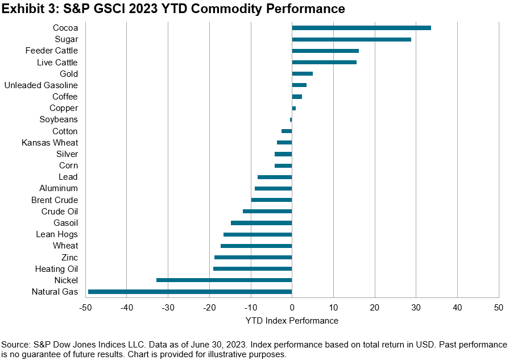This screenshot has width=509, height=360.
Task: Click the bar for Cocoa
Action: click(x=361, y=28)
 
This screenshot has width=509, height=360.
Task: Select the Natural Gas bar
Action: click(x=190, y=292)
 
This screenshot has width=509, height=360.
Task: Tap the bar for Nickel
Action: click(x=224, y=280)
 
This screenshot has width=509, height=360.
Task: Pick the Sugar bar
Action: click(x=351, y=39)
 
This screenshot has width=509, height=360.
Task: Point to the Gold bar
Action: click(x=302, y=73)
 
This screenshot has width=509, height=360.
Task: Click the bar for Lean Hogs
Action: click(x=258, y=234)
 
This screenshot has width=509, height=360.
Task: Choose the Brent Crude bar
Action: click(x=271, y=200)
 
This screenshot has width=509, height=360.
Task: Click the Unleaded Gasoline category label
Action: click(x=41, y=85)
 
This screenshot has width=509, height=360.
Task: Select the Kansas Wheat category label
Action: click(x=50, y=143)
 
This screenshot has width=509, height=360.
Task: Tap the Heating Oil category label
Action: click(x=56, y=268)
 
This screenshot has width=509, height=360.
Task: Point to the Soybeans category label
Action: click(x=59, y=119)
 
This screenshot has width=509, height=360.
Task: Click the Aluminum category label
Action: click(x=59, y=188)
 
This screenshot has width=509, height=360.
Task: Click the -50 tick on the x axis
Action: click(x=86, y=308)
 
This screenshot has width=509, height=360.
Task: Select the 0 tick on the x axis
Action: click(x=292, y=308)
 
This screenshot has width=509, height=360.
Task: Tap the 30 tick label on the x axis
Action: click(x=416, y=308)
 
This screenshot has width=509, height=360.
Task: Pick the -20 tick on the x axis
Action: click(x=209, y=308)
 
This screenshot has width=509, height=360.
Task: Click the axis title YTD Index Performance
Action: click(x=292, y=321)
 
